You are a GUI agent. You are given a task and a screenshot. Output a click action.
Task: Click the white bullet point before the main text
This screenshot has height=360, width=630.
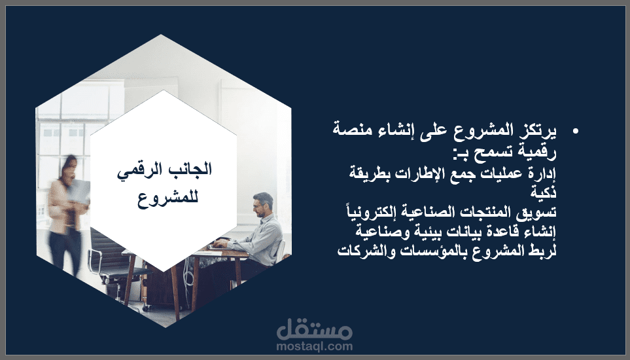point(576,131)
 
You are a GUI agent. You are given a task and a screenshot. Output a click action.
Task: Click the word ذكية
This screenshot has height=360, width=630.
point(544,192)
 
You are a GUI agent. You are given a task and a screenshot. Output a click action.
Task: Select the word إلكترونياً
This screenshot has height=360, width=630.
point(370,211)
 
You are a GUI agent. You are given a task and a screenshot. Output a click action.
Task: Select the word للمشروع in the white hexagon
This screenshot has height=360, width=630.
point(168,198)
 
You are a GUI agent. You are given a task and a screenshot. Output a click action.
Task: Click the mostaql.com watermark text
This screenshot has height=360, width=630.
point(314,346)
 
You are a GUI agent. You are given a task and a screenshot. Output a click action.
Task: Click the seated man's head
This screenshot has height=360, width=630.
point(263,204)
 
